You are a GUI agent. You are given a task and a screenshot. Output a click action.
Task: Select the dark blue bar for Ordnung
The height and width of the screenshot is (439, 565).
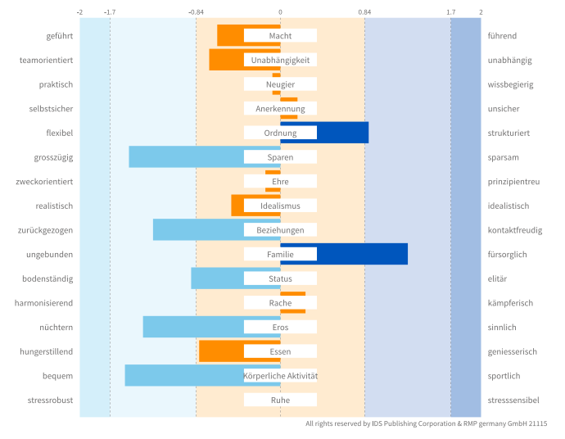(x=342, y=133)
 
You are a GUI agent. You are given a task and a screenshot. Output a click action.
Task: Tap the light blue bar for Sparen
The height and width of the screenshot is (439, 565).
(x=187, y=156)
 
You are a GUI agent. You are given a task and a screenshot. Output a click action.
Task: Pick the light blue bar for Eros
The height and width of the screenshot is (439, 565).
(x=193, y=327)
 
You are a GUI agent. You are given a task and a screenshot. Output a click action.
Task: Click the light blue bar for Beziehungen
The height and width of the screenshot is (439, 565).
(x=198, y=230)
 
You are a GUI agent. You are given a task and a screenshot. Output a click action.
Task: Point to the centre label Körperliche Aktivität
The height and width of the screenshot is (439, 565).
(x=280, y=376)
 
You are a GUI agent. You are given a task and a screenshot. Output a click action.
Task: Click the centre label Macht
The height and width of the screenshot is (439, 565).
(x=280, y=36)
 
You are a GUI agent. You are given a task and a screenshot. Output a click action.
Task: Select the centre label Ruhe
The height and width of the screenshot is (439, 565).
(x=280, y=401)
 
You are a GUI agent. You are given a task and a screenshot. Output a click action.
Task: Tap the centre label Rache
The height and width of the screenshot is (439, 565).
(x=280, y=303)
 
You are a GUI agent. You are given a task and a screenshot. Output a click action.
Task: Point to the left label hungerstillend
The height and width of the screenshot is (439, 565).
(x=47, y=351)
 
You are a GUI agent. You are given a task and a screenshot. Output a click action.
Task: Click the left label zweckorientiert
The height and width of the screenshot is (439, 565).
(x=46, y=182)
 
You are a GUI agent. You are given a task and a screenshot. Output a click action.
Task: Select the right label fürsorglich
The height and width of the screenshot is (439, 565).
(x=507, y=255)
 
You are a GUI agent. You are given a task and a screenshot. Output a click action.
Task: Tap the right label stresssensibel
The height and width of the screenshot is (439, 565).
(x=513, y=401)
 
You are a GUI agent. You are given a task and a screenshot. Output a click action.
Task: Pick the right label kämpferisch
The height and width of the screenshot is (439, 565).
(x=510, y=303)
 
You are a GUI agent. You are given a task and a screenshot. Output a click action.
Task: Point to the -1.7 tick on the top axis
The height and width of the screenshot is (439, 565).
(x=110, y=12)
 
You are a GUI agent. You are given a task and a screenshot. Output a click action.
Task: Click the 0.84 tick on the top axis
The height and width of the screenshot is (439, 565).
(x=364, y=12)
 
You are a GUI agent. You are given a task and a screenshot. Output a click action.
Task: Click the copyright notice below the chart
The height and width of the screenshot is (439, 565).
(x=426, y=423)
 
